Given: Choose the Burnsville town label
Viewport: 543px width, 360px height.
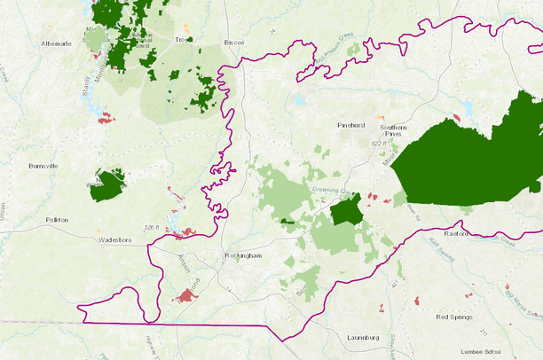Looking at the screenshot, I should tap(43, 166).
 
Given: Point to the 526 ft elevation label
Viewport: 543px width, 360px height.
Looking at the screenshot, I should tap(151, 228).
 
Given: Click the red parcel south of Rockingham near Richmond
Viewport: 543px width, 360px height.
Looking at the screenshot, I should tap(187, 293).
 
